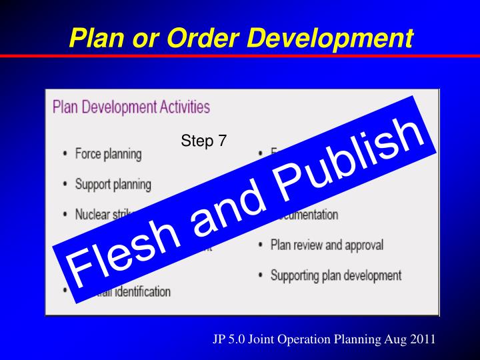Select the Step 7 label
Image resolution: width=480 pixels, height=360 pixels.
[203, 141]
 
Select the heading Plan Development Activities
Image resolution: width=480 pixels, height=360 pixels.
[131, 107]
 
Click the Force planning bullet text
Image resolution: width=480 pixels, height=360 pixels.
[109, 154]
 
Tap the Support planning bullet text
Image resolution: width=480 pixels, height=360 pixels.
[114, 184]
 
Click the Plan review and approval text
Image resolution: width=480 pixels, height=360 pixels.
[327, 245]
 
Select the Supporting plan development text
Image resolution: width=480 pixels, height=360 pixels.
[336, 275]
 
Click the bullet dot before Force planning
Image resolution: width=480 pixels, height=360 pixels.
[65, 155]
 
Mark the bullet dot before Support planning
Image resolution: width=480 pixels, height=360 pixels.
[65, 185]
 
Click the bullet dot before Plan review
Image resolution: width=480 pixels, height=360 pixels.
[260, 245]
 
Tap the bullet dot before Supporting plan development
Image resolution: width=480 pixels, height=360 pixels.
[260, 275]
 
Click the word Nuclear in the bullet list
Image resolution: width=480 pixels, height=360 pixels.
[93, 215]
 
